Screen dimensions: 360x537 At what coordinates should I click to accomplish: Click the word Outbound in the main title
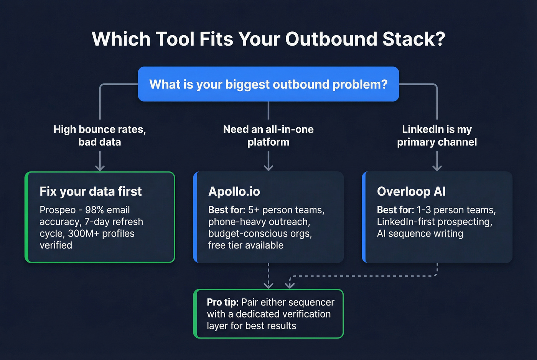pyautogui.click(x=331, y=39)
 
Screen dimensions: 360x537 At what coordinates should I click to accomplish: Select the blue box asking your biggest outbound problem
pyautogui.click(x=268, y=84)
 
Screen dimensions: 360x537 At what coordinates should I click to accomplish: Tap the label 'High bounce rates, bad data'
pyautogui.click(x=100, y=136)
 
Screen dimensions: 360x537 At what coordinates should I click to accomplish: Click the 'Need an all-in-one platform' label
pyautogui.click(x=268, y=136)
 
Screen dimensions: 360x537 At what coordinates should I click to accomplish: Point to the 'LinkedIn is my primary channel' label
pyautogui.click(x=437, y=136)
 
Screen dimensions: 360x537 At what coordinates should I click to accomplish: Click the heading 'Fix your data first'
pyautogui.click(x=91, y=191)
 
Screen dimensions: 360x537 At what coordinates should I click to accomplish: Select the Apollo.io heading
pyautogui.click(x=234, y=191)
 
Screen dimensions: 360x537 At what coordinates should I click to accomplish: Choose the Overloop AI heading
pyautogui.click(x=411, y=191)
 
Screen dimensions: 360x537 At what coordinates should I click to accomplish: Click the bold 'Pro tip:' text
pyautogui.click(x=222, y=302)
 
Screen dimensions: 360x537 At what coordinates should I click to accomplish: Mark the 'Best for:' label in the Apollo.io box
pyautogui.click(x=226, y=210)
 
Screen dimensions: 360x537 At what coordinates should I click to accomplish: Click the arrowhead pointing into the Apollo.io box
pyautogui.click(x=268, y=168)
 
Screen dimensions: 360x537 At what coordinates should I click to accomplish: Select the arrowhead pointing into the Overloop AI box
pyautogui.click(x=437, y=168)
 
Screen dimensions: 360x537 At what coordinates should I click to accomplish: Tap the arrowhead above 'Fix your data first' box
pyautogui.click(x=100, y=168)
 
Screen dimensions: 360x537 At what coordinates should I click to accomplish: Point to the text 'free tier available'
pyautogui.click(x=245, y=245)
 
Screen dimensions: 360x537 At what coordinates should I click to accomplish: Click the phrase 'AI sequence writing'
pyautogui.click(x=420, y=233)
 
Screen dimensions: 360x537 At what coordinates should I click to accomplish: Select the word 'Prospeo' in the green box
pyautogui.click(x=58, y=210)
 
